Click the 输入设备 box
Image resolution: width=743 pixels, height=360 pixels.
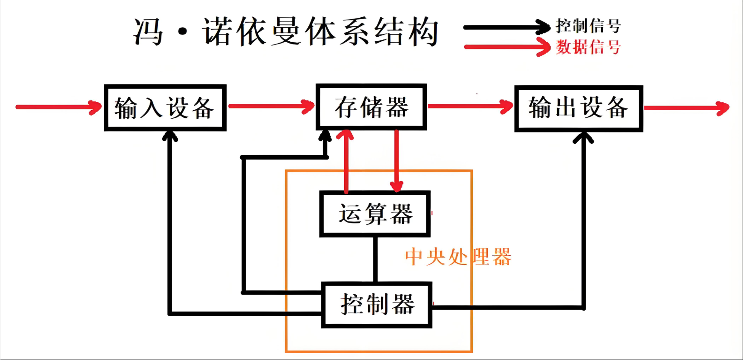click(165, 108)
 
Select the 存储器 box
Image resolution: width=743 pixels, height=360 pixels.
click(371, 107)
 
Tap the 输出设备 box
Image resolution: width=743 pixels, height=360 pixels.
click(578, 108)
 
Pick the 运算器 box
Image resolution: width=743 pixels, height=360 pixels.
click(375, 214)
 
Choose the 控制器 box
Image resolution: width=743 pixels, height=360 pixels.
click(377, 305)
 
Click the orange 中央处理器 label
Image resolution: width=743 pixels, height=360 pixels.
click(458, 257)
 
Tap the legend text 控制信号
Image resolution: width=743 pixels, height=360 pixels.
click(588, 26)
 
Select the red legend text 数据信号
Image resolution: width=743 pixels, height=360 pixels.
click(588, 47)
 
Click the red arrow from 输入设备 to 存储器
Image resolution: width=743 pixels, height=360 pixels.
click(271, 106)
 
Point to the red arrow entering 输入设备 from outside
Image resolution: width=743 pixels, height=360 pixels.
click(58, 107)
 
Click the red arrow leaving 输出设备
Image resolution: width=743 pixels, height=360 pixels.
click(686, 108)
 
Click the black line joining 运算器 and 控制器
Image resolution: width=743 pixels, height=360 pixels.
click(375, 259)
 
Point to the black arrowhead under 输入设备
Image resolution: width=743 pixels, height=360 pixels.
click(170, 136)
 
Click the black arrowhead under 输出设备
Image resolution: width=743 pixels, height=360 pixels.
click(583, 137)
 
